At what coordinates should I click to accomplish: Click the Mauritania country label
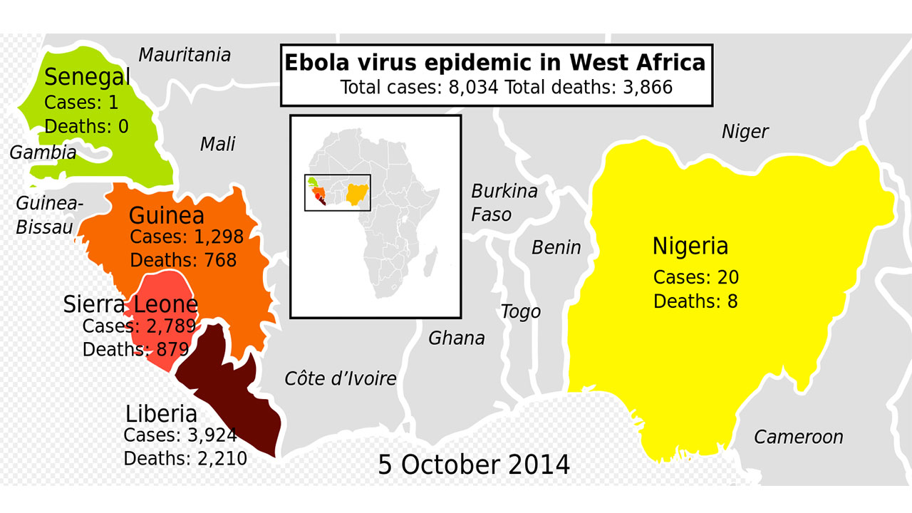pyautogui.click(x=185, y=55)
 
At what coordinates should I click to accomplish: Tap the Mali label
pyautogui.click(x=217, y=144)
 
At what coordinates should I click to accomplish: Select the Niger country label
pyautogui.click(x=745, y=132)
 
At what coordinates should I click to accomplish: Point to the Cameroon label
pyautogui.click(x=798, y=437)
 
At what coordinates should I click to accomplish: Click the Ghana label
pyautogui.click(x=456, y=338)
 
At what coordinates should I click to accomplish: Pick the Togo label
pyautogui.click(x=520, y=312)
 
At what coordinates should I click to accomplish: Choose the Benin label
pyautogui.click(x=556, y=247)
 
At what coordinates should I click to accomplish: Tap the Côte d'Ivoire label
pyautogui.click(x=340, y=378)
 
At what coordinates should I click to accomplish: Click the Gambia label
pyautogui.click(x=43, y=152)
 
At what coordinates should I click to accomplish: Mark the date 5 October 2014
pyautogui.click(x=474, y=465)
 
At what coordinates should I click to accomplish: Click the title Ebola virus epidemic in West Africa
pyautogui.click(x=495, y=63)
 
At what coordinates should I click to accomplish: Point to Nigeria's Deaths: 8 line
pyautogui.click(x=695, y=301)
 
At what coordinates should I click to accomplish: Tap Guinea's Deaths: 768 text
pyautogui.click(x=183, y=260)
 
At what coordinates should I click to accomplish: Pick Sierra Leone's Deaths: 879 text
pyautogui.click(x=135, y=350)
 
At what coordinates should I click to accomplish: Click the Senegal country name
pyautogui.click(x=87, y=77)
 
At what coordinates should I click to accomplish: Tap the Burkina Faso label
pyautogui.click(x=503, y=202)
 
